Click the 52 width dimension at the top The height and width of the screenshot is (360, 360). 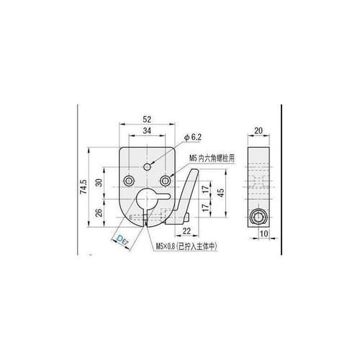(148, 120)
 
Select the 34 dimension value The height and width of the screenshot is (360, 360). (148, 130)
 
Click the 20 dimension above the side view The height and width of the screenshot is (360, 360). (259, 131)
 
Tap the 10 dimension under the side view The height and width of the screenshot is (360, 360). (264, 233)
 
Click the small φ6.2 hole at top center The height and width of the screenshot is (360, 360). (148, 166)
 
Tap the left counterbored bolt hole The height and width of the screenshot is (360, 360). (129, 179)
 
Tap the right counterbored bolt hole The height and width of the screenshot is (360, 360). (166, 179)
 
